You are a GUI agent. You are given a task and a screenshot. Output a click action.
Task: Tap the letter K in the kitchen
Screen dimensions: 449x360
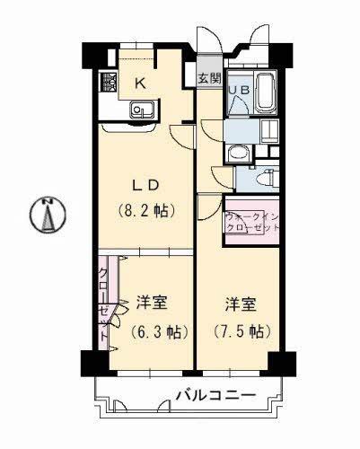140,84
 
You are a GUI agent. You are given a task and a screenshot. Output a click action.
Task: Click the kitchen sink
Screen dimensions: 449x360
141,110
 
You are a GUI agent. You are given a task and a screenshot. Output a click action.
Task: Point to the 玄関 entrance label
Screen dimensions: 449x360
207,78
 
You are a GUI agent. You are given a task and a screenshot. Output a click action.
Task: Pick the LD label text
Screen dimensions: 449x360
147,186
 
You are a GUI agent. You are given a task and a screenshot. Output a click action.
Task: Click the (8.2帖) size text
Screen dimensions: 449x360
146,212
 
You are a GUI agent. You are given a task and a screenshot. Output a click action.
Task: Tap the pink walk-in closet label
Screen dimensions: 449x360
252,222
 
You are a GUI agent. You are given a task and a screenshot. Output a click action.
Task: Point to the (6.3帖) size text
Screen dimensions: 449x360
157,331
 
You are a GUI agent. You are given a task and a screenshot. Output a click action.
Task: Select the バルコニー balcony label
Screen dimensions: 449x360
215,395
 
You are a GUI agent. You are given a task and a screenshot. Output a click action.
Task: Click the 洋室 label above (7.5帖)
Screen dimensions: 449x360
240,304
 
